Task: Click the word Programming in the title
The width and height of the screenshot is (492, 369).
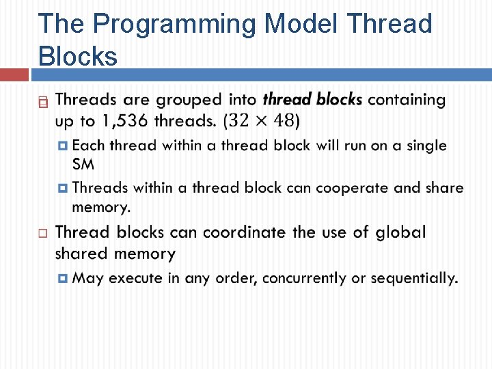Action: click(174, 24)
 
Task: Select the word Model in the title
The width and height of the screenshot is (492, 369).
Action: click(301, 24)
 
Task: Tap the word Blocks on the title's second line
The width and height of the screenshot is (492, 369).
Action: click(79, 56)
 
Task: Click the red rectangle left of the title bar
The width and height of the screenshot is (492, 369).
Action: click(14, 74)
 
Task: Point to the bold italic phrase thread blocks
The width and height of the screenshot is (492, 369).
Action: click(312, 100)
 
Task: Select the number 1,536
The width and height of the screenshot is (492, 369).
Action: click(126, 121)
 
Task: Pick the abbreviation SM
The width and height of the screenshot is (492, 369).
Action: click(83, 165)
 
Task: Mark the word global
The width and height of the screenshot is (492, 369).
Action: click(399, 232)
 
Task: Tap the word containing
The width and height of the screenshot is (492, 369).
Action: click(407, 100)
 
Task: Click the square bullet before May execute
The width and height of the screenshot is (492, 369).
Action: click(63, 278)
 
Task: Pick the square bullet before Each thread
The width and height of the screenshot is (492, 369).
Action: click(63, 146)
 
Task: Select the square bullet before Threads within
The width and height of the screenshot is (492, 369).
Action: click(63, 187)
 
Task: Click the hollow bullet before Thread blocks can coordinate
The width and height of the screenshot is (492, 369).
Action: click(42, 234)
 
